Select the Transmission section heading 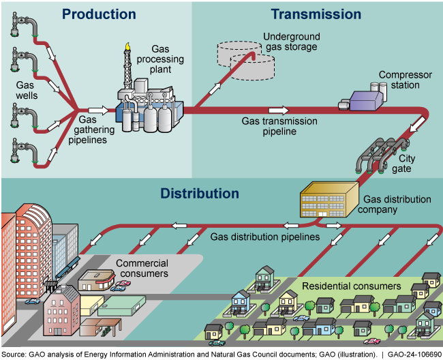click(316, 14)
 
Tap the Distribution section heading click(200, 194)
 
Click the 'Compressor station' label click(399, 80)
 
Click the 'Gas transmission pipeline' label click(279, 126)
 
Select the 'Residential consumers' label click(351, 286)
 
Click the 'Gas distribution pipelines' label click(265, 237)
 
